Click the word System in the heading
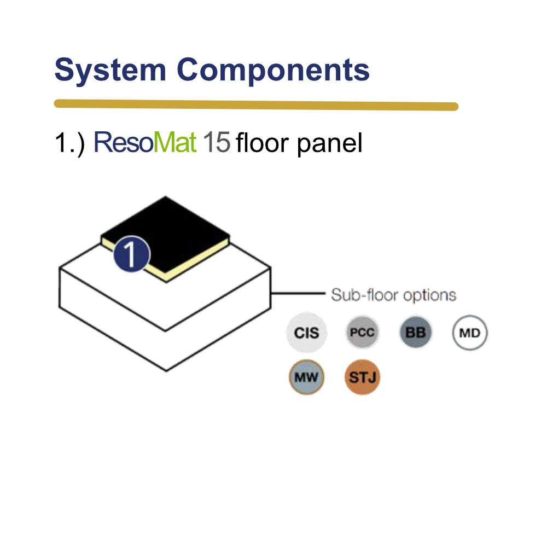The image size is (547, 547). pyautogui.click(x=110, y=71)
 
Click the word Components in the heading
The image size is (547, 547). pyautogui.click(x=273, y=71)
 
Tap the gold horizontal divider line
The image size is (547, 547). pyautogui.click(x=256, y=105)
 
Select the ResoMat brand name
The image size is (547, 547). pyautogui.click(x=145, y=142)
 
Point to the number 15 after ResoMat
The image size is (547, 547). pyautogui.click(x=216, y=142)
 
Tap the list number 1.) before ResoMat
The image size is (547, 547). pyautogui.click(x=70, y=143)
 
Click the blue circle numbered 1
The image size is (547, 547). pyautogui.click(x=131, y=254)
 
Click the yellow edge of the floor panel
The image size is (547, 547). pyautogui.click(x=197, y=260)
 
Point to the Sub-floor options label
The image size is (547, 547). pyautogui.click(x=393, y=295)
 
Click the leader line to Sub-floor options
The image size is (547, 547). pyautogui.click(x=298, y=293)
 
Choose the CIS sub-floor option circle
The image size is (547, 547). pyautogui.click(x=307, y=333)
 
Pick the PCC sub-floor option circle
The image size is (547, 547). pyautogui.click(x=362, y=332)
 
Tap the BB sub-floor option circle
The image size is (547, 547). pyautogui.click(x=416, y=332)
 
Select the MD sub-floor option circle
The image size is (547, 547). pyautogui.click(x=470, y=333)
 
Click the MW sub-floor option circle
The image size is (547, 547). pyautogui.click(x=307, y=377)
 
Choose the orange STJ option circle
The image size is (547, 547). pyautogui.click(x=362, y=377)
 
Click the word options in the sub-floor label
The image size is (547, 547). pyautogui.click(x=430, y=296)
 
